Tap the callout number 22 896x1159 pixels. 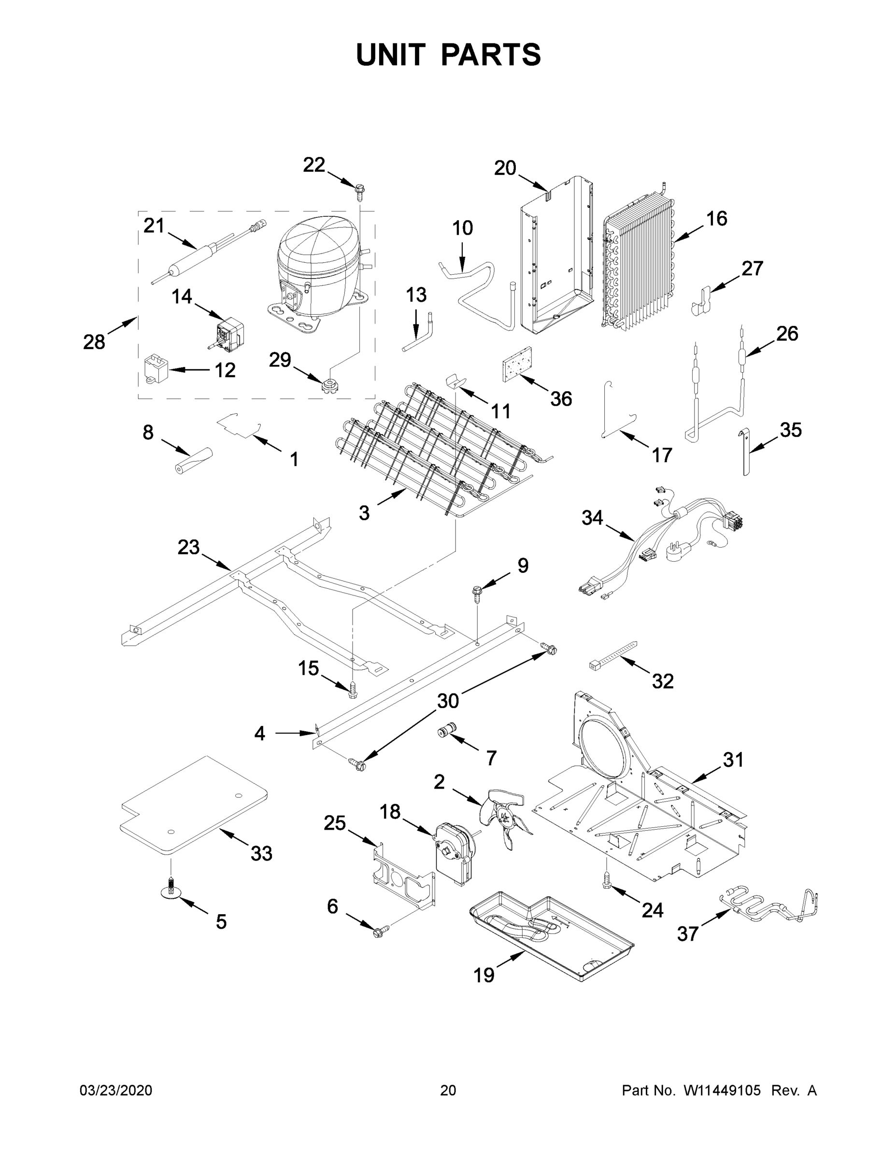tap(313, 165)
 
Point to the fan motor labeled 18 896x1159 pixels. tap(455, 854)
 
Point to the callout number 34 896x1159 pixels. tap(592, 517)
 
